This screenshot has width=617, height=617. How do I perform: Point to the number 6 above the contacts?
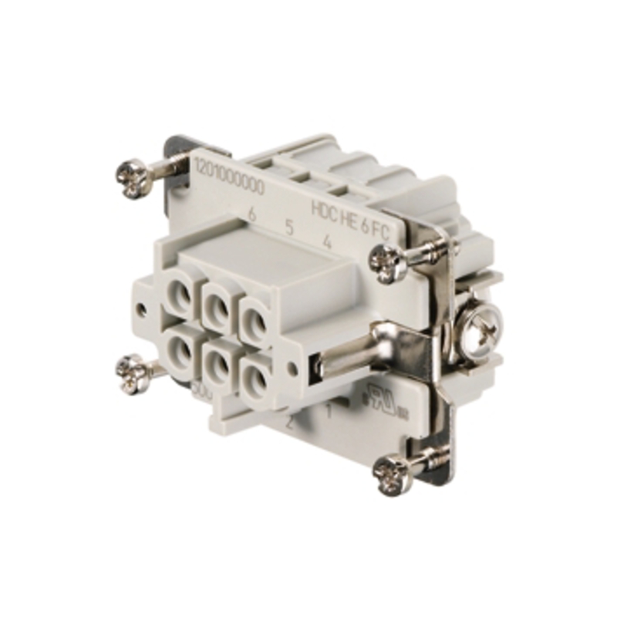252,214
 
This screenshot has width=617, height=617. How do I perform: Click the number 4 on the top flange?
328,241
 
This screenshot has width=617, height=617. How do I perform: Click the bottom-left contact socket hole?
180,349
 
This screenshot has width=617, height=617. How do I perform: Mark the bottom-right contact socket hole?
254,376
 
